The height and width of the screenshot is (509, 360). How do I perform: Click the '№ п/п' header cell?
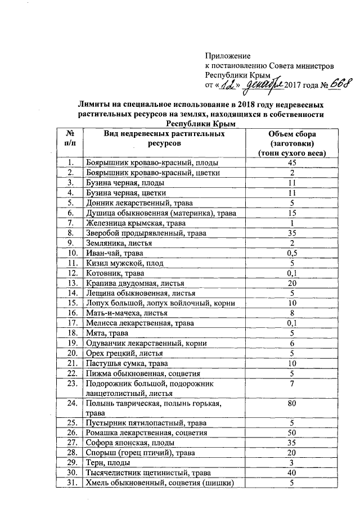click(70, 138)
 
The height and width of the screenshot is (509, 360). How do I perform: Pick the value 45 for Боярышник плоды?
click(292, 163)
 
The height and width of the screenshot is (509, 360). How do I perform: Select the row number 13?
click(71, 283)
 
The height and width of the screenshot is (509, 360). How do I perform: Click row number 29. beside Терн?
click(71, 463)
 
